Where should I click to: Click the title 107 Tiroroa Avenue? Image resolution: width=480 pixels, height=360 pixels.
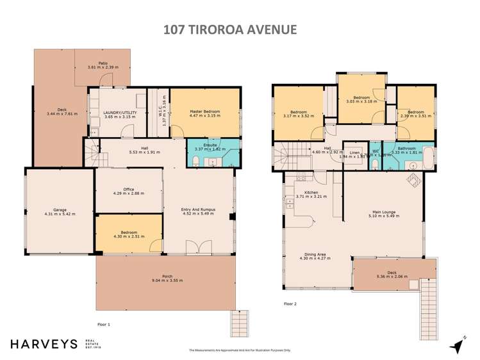(x=240, y=29)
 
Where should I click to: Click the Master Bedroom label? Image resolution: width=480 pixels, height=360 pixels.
(x=205, y=111)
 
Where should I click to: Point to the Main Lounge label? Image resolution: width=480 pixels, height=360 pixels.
(x=385, y=213)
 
